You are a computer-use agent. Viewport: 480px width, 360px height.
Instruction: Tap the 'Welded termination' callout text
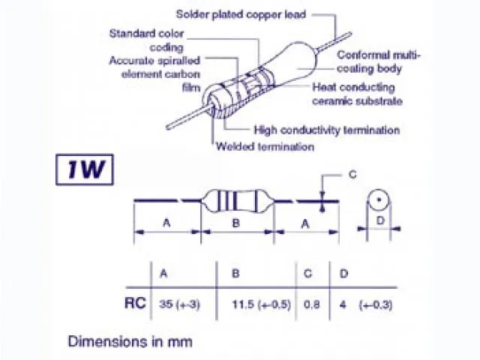(265, 147)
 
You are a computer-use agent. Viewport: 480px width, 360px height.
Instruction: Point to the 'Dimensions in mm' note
(130, 341)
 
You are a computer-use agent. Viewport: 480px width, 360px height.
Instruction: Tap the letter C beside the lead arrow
(352, 175)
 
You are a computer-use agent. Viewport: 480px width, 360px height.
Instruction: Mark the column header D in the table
(344, 274)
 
